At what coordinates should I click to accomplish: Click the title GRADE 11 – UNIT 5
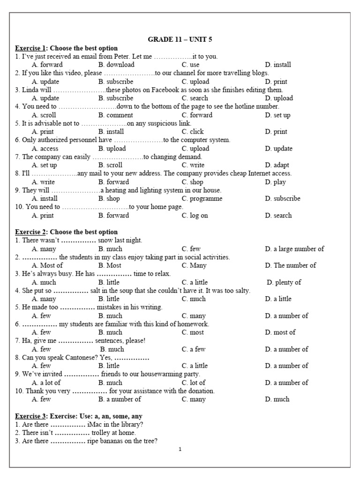click(180, 39)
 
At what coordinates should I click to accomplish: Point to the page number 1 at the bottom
click(180, 449)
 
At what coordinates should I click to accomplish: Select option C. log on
click(195, 216)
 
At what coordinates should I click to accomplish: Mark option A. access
click(45, 149)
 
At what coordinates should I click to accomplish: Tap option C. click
click(193, 132)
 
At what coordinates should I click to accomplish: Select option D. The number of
click(290, 265)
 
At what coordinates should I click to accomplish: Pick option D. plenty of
click(284, 282)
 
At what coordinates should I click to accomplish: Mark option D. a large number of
click(294, 249)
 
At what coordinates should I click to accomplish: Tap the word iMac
click(95, 424)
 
